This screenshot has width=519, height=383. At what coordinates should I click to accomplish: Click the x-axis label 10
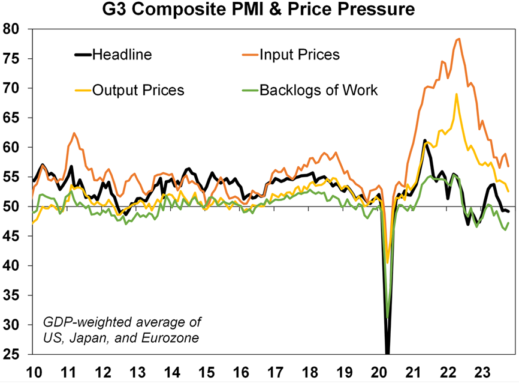point(34,370)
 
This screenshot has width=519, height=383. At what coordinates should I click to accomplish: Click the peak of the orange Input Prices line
point(458,39)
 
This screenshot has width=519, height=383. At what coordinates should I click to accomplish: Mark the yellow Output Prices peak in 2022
point(457,94)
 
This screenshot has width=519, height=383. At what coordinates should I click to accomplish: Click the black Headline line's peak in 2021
point(424,140)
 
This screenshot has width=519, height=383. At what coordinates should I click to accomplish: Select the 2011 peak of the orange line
point(74,133)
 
